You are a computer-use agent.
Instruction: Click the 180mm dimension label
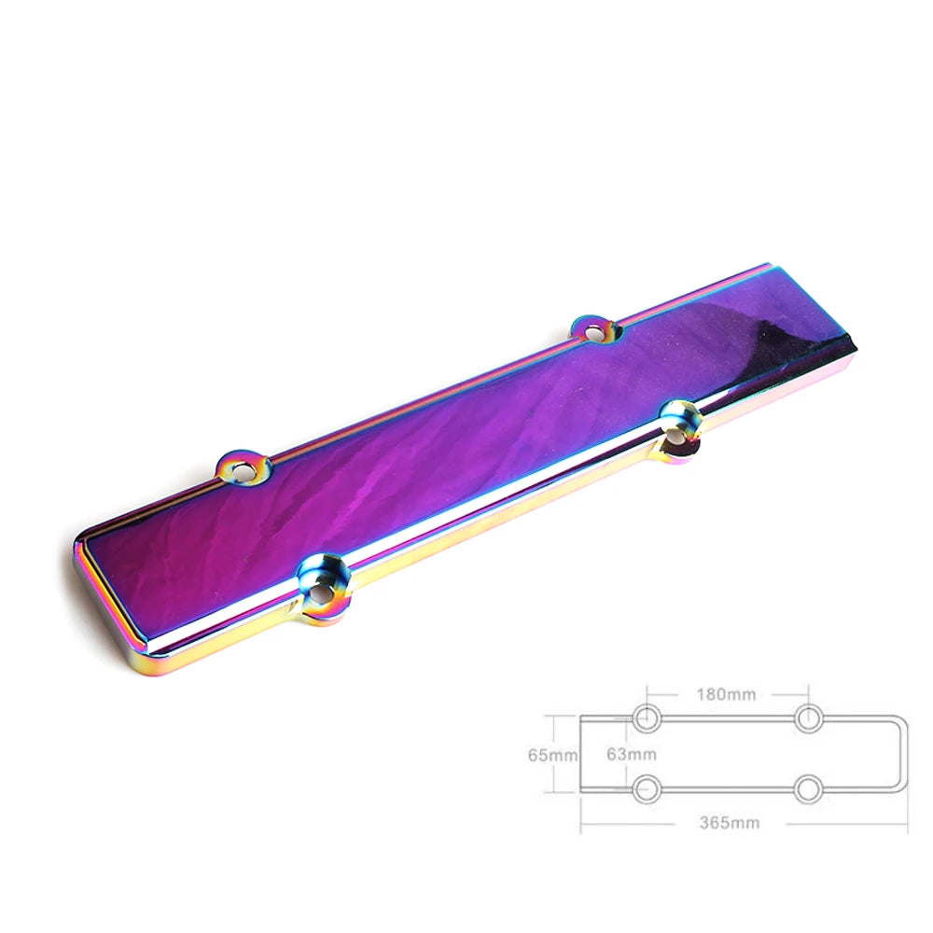[x=726, y=694]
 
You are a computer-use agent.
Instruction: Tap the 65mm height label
[x=552, y=755]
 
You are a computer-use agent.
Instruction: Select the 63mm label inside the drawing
[x=632, y=755]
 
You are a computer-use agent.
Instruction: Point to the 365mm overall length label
[x=730, y=823]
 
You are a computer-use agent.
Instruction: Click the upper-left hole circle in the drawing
[x=647, y=718]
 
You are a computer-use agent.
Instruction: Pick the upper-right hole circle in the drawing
[x=809, y=718]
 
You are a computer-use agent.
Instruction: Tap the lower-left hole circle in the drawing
[x=647, y=789]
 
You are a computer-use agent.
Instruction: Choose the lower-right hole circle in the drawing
[x=809, y=789]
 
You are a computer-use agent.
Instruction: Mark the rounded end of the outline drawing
[x=906, y=754]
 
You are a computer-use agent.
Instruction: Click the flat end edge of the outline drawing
[x=580, y=754]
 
